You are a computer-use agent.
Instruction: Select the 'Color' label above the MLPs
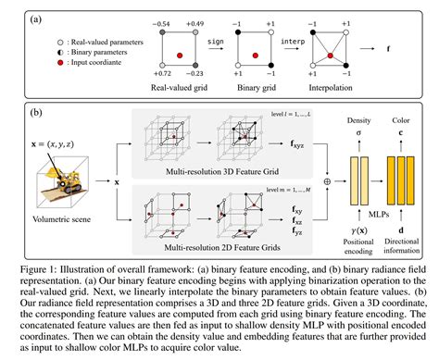399,120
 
